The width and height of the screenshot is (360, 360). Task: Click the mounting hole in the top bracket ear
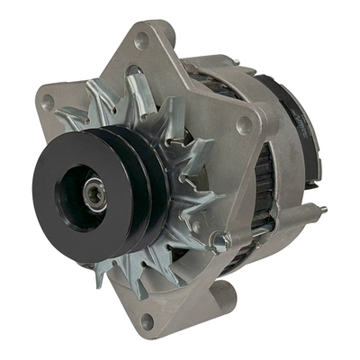click(142, 40)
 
